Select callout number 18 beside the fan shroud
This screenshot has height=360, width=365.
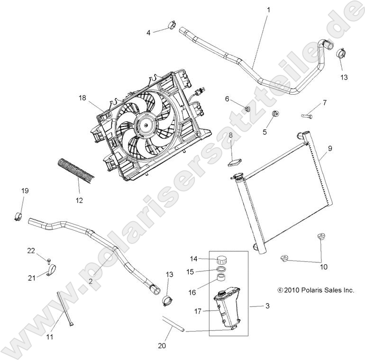point(83,98)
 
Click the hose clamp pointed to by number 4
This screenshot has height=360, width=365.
point(172,26)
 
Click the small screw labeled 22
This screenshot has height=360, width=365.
point(48,260)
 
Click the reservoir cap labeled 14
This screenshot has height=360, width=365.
point(220,260)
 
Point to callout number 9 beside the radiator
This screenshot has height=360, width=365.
point(330,148)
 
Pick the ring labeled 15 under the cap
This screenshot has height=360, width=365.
point(220,271)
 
